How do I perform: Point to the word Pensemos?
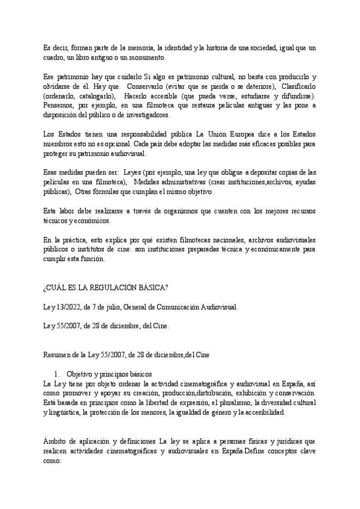coord(60,106)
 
